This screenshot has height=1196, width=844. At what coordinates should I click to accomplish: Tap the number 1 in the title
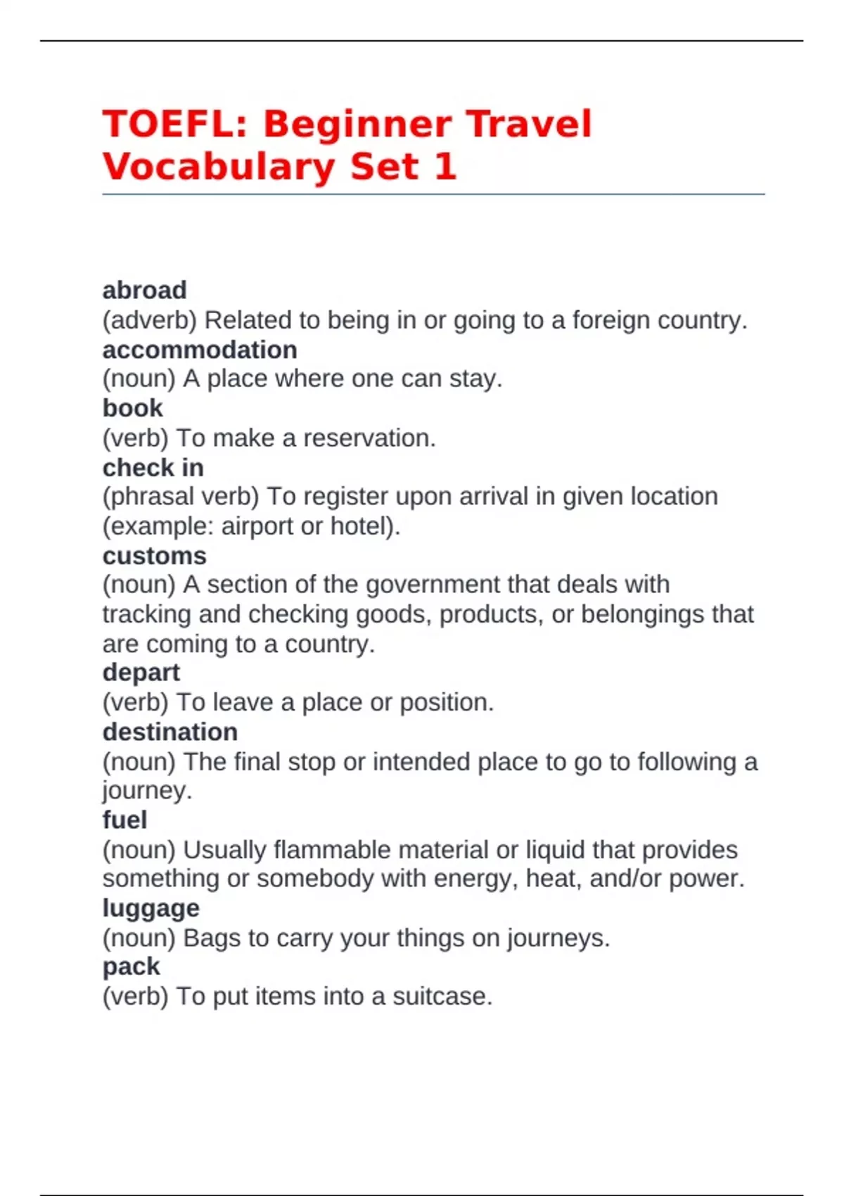[x=445, y=167]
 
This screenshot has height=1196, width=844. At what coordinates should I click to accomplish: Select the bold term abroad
[x=144, y=290]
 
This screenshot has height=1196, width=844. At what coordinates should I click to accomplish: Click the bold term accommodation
[x=200, y=350]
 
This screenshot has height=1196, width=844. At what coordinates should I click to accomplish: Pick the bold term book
[x=132, y=408]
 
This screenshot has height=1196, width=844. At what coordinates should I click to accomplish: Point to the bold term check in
[x=153, y=468]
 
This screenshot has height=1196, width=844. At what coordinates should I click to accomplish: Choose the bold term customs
[x=154, y=556]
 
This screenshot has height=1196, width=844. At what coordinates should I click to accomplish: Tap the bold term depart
[x=141, y=673]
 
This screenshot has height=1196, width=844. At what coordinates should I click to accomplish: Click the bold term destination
[x=170, y=732]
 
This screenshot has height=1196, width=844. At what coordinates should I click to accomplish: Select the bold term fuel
[x=124, y=820]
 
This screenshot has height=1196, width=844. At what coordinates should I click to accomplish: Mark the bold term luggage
[x=151, y=908]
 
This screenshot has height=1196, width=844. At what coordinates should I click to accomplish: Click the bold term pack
[x=131, y=967]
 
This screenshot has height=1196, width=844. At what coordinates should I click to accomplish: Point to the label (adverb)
[x=149, y=320]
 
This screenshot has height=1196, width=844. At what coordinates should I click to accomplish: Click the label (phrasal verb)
[x=181, y=497]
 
